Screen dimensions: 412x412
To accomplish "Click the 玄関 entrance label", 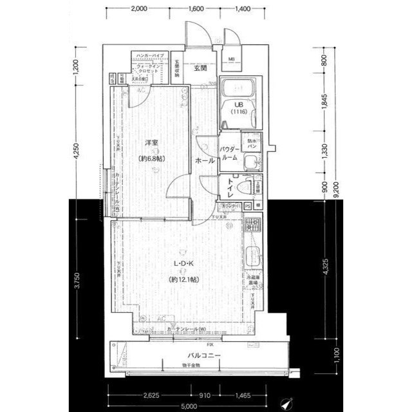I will (199, 68).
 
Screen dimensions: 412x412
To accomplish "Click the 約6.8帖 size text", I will (153, 157).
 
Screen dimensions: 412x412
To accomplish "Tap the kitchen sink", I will (252, 257).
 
